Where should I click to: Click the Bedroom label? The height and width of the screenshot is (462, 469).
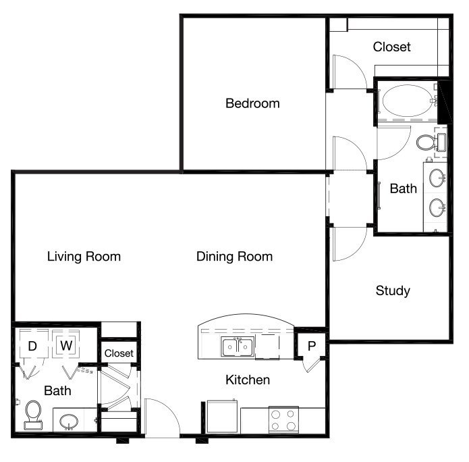[x=252, y=103]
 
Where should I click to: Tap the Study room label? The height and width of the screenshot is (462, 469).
[x=393, y=290]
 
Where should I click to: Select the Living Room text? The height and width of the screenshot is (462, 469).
[x=84, y=257]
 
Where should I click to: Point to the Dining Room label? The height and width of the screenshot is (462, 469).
[x=235, y=257]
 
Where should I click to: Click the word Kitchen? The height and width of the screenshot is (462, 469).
[x=248, y=380]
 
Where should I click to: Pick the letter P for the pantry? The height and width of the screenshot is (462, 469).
[x=312, y=346]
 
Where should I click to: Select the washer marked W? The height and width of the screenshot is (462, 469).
[x=66, y=343]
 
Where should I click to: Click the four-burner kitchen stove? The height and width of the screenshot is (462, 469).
[x=283, y=419]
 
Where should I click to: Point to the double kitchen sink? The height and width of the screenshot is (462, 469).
[x=238, y=346]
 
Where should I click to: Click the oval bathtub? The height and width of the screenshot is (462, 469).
[x=407, y=101]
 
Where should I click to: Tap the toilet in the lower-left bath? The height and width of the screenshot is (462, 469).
[x=33, y=415]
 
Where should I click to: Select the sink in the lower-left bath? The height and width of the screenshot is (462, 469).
[x=69, y=421]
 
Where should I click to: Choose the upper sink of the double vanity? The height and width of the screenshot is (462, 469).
[x=437, y=178]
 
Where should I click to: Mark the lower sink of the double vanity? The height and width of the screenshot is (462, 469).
[x=437, y=207]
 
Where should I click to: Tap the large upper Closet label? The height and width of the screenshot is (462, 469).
[x=391, y=47]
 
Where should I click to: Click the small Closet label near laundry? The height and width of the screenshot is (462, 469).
[x=119, y=353]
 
